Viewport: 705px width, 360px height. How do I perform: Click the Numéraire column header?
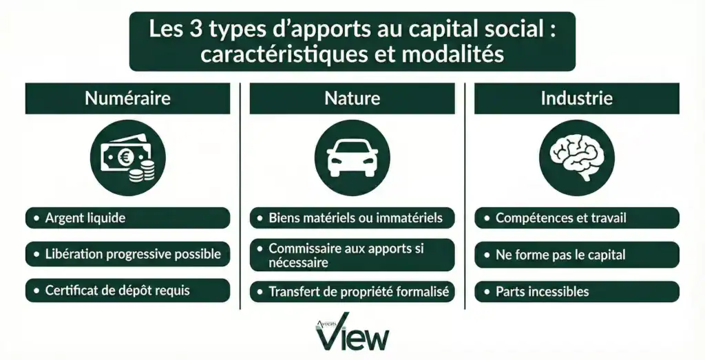coord(127,98)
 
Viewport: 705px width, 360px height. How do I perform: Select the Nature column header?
coord(352,98)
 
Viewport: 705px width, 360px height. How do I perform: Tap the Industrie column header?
coord(576,98)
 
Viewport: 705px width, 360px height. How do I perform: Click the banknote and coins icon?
coord(127,158)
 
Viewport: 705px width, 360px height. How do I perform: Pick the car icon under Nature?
coord(352,158)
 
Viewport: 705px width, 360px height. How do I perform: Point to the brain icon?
coord(576,158)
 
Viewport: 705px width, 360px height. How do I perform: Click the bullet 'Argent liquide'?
coord(127,218)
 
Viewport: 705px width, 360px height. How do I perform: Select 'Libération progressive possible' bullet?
coord(127,254)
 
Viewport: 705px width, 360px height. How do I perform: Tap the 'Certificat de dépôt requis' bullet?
coord(127,290)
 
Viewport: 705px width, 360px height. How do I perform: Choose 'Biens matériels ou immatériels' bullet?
coord(352,218)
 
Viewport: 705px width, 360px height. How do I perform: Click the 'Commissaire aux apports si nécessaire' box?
coord(352,255)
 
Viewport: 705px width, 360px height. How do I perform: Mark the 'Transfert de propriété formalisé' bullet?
coord(352,291)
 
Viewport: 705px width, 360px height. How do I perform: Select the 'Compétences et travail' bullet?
coord(576,218)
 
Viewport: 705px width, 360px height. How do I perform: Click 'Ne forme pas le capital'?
coord(576,255)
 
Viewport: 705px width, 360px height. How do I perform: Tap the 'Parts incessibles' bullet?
coord(576,291)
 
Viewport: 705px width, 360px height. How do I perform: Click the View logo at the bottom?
coord(352,333)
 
